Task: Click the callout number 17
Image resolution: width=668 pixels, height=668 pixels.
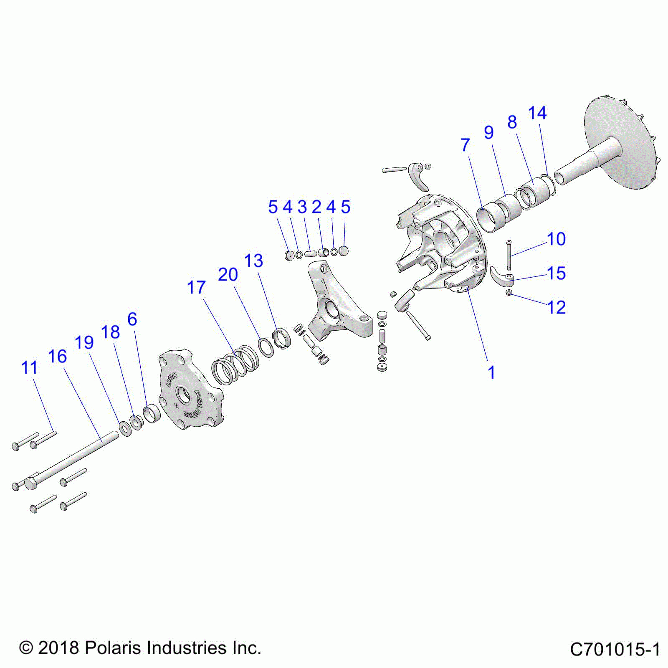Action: (196, 288)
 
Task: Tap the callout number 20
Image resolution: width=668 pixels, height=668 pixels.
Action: (228, 275)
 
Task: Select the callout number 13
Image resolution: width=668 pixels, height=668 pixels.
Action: (253, 261)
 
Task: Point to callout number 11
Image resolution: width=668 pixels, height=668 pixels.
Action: (29, 368)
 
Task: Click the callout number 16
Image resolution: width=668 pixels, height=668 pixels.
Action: (57, 357)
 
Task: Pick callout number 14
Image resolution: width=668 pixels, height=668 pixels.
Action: (537, 113)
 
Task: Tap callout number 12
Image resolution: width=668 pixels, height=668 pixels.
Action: (557, 308)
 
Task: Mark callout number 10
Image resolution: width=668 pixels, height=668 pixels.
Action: (557, 239)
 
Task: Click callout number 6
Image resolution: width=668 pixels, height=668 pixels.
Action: (132, 319)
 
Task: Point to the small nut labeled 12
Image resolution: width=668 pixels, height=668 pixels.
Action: (509, 293)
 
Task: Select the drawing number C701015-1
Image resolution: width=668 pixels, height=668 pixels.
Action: (615, 650)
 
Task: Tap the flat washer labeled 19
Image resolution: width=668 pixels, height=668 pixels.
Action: (125, 428)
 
